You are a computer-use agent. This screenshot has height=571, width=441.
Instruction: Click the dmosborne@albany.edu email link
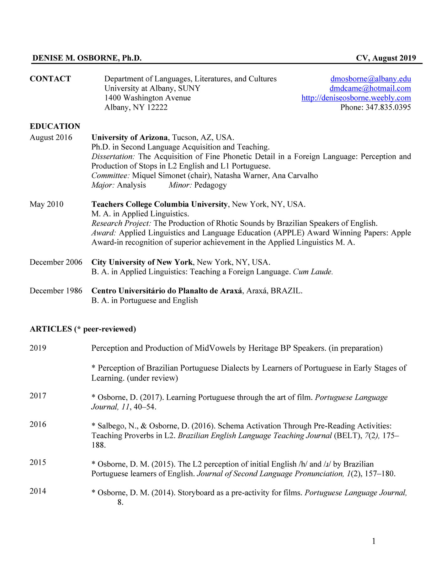click(370, 79)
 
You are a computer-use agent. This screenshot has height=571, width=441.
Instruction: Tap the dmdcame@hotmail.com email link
click(370, 89)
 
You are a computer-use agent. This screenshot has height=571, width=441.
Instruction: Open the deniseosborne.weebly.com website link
click(356, 98)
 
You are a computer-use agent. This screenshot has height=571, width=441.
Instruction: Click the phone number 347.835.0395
click(388, 107)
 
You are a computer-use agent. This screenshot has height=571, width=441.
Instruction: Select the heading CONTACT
click(50, 79)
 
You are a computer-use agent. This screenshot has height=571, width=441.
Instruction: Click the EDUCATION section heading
click(55, 126)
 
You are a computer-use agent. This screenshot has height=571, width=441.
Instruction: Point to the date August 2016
click(51, 137)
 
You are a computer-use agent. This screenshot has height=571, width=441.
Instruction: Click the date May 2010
click(46, 204)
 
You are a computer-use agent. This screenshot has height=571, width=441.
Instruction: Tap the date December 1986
click(56, 291)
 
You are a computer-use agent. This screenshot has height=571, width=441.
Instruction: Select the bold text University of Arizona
click(129, 137)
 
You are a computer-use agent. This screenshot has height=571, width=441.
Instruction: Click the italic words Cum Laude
click(313, 272)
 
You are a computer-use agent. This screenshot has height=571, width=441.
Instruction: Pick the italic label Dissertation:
click(113, 157)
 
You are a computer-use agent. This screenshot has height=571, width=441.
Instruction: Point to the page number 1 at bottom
click(374, 541)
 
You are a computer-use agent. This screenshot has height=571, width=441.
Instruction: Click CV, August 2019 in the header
click(386, 58)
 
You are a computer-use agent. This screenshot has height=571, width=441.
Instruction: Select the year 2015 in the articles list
click(38, 462)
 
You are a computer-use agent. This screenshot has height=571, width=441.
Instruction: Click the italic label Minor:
click(180, 185)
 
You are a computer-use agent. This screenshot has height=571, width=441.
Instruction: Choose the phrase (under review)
click(152, 378)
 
